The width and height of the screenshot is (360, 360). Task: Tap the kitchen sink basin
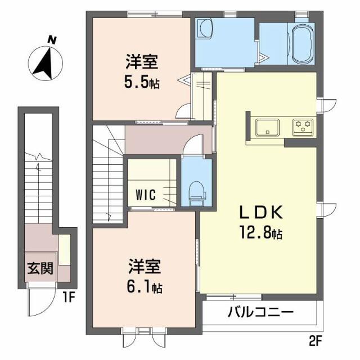[267, 127]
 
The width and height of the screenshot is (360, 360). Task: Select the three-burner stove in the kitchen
[303, 127]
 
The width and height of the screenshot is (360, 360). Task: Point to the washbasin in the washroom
[206, 29]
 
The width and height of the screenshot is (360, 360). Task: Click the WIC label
[146, 195]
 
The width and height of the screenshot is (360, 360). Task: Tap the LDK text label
[261, 212]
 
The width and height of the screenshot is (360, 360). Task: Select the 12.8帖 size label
[261, 232]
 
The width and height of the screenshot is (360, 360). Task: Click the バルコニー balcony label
[260, 312]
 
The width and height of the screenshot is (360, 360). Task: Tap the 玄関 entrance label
[40, 268]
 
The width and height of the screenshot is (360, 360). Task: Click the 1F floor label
[69, 298]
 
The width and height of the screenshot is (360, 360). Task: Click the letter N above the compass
[52, 40]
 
